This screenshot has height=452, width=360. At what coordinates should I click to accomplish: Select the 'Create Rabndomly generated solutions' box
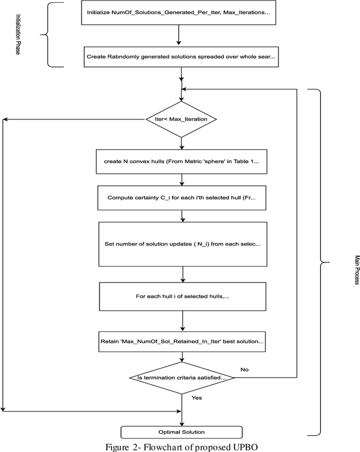pyautogui.click(x=180, y=56)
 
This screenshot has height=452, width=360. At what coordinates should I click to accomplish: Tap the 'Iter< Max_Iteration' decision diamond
pyautogui.click(x=181, y=119)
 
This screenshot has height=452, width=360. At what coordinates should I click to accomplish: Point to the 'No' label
pyautogui.click(x=245, y=370)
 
